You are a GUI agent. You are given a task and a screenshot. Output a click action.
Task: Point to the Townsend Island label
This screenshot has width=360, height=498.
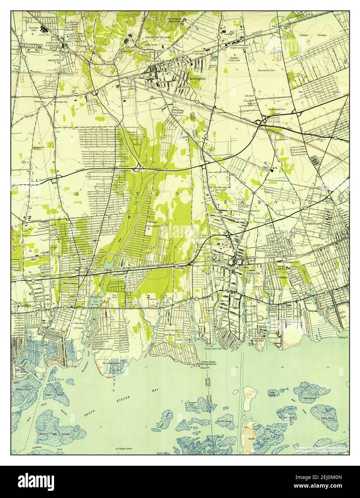pyautogui.click(x=191, y=404)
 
